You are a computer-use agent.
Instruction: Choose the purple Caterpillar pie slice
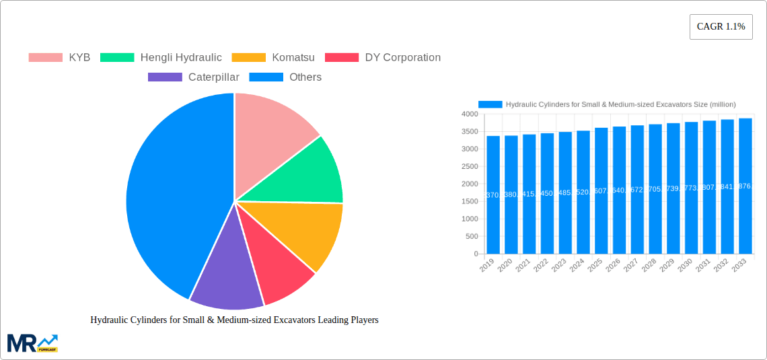[225, 276]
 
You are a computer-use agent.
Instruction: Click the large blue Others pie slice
[175, 195]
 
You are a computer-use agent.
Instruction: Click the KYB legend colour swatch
[45, 57]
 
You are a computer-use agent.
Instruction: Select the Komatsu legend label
[293, 57]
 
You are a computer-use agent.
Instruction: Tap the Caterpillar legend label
[213, 77]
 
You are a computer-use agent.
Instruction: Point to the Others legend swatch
[266, 77]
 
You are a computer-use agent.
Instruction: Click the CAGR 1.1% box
[721, 26]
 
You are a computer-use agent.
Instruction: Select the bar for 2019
[493, 195]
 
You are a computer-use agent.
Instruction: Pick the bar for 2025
[601, 191]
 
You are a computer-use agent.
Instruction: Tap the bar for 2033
[745, 186]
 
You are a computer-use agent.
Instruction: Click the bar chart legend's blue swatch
[490, 104]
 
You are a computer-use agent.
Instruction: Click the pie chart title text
[234, 320]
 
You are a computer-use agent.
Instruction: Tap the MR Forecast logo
[32, 343]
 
